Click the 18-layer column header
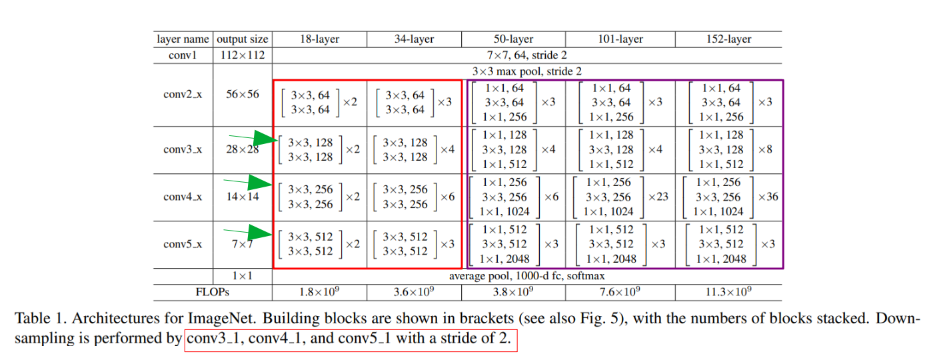coord(320,39)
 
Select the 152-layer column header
coord(729,39)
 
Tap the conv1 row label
coord(183,55)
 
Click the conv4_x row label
coord(183,197)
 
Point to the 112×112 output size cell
coord(243,55)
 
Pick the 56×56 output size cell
coord(243,95)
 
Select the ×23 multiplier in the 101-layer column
coord(658,197)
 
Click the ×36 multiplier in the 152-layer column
coord(768,197)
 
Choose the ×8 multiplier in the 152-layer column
coord(765,149)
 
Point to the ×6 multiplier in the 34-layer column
coord(447,197)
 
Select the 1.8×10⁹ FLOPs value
coord(320,292)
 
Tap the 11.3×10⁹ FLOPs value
coord(729,292)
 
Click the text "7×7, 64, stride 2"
coord(527,55)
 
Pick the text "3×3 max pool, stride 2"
coord(527,71)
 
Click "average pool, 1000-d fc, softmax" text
coord(527,275)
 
